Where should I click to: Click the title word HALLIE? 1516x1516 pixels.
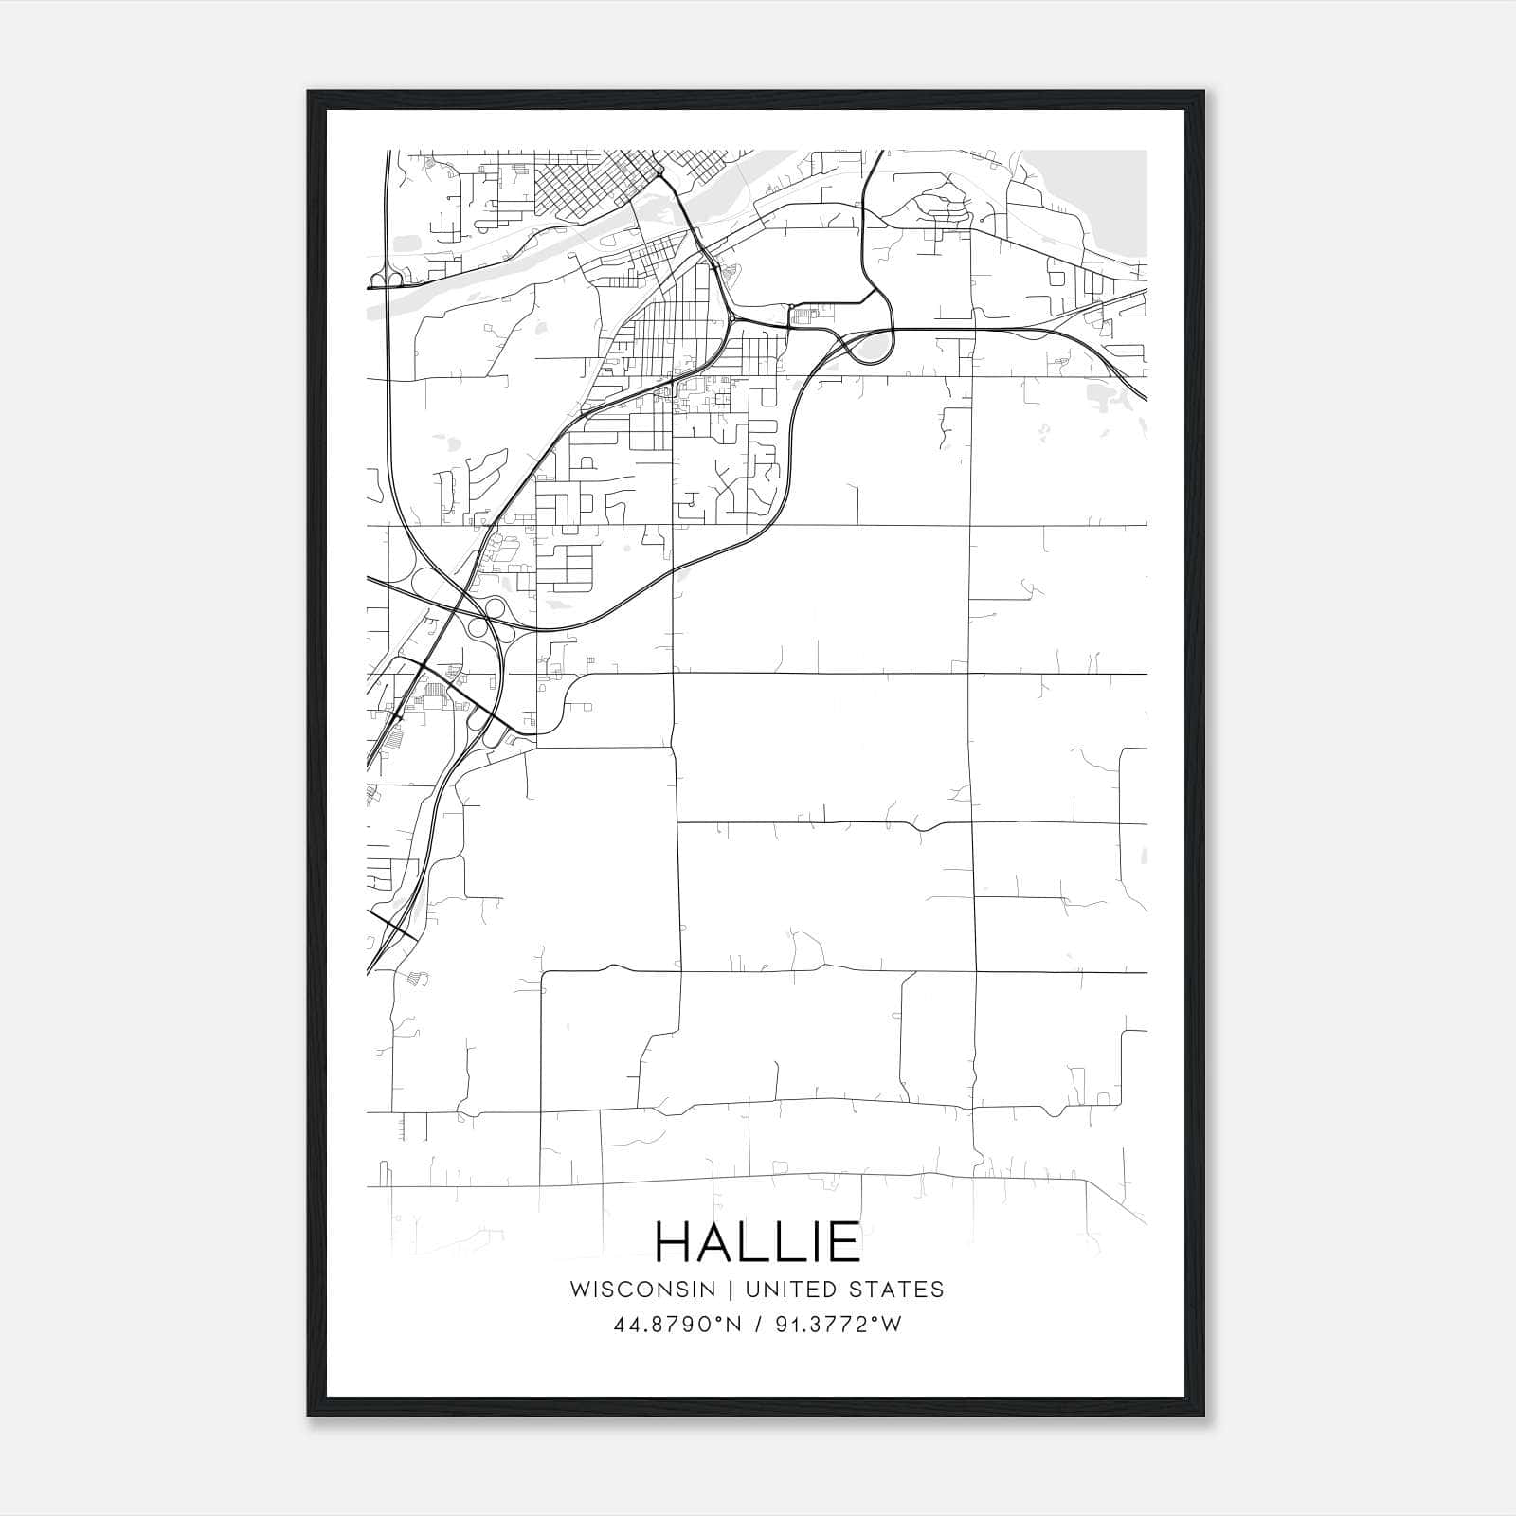pos(757,1241)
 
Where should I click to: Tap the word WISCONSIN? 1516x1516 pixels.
pos(641,1290)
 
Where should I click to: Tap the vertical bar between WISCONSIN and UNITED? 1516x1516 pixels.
pos(731,1290)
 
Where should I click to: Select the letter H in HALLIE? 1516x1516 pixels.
pos(675,1241)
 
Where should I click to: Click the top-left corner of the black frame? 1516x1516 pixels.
pos(309,92)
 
